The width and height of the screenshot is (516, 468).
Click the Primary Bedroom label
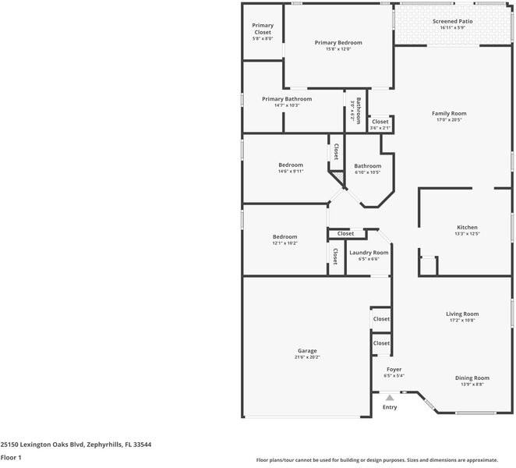[338, 43]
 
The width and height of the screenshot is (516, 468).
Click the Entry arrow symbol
[390, 397]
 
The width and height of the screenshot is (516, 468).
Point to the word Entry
[390, 407]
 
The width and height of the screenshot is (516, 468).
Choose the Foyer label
[394, 369]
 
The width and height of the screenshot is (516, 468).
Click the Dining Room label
[472, 378]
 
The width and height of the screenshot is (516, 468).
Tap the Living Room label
[461, 314]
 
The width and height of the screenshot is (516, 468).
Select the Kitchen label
[466, 227]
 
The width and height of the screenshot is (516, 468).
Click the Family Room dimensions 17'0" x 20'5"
[449, 120]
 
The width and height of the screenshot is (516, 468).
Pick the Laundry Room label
[369, 252]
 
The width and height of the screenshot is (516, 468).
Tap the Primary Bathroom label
[287, 99]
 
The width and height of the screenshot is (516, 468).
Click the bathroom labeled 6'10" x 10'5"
[367, 168]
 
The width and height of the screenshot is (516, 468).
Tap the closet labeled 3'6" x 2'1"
[380, 124]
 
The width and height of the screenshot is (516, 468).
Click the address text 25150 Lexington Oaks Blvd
[76, 444]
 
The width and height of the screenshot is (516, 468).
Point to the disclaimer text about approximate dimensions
[385, 460]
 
